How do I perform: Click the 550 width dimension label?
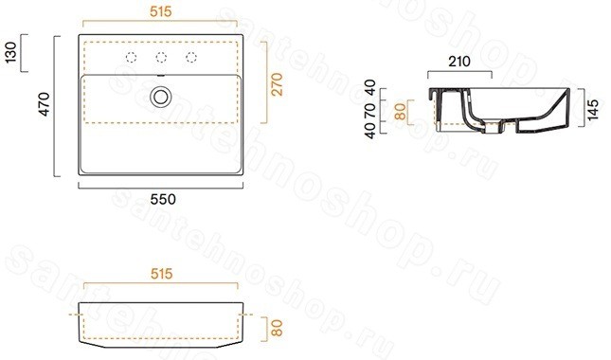point(163,199)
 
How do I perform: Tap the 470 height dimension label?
point(45,104)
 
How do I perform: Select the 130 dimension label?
point(11,53)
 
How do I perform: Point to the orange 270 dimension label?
point(277,84)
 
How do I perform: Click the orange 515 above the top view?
point(160,11)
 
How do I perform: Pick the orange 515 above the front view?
point(161,274)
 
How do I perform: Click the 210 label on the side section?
point(459,62)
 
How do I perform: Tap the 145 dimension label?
point(592,110)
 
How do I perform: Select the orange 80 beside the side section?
point(400,112)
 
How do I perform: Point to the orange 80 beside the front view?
point(277,328)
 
